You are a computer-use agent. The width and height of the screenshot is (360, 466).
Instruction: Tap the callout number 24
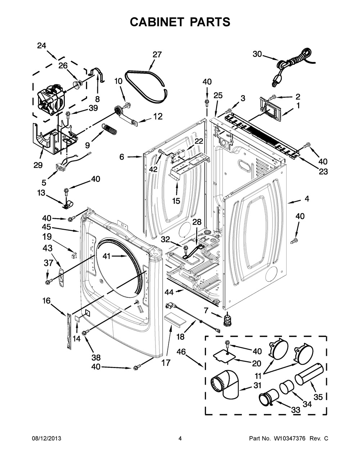[42, 46]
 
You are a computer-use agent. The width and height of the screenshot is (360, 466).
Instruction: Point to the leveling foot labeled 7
[226, 319]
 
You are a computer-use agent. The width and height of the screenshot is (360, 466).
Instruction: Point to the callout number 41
[106, 256]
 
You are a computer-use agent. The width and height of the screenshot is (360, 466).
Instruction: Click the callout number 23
[323, 172]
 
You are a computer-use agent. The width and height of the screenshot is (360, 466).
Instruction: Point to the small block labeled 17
[175, 319]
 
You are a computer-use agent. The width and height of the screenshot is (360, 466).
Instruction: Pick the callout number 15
[176, 201]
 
